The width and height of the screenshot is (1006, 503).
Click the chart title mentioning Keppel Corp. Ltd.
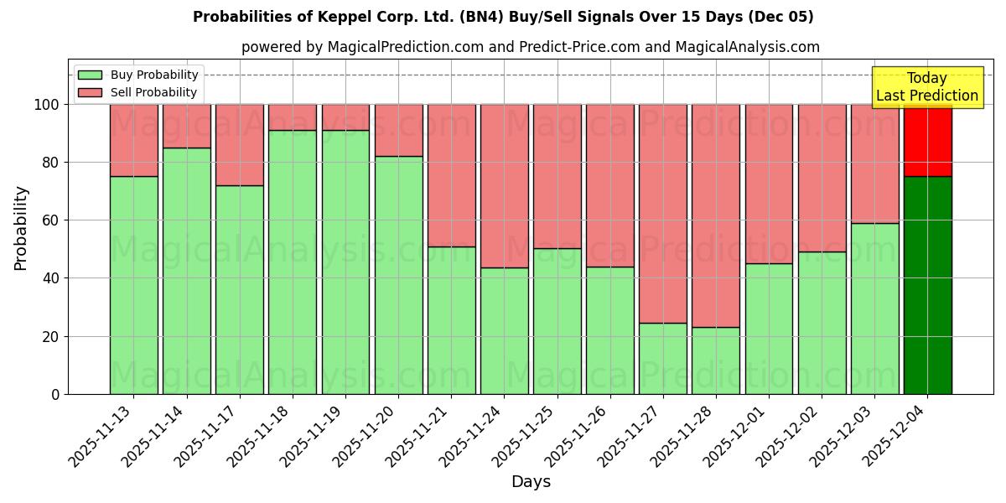tap(503, 17)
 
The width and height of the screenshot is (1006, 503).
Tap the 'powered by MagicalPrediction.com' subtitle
tap(530, 47)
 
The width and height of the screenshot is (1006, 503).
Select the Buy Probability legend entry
tap(138, 75)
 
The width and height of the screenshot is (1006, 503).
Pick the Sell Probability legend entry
tap(138, 92)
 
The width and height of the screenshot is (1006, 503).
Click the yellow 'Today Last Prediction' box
tap(927, 87)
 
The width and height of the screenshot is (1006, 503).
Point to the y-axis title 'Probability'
tap(21, 228)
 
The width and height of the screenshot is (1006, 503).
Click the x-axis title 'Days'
tap(531, 481)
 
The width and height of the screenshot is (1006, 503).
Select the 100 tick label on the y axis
tap(48, 105)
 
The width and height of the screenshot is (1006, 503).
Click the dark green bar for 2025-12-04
tap(927, 285)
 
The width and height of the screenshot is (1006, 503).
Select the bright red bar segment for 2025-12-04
tap(927, 140)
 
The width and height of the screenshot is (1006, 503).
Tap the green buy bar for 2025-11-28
tap(716, 360)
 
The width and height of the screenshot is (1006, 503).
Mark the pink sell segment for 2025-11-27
tap(663, 214)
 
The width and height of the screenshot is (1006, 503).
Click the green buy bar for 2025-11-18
tap(293, 262)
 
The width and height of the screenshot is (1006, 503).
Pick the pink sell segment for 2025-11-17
tap(240, 144)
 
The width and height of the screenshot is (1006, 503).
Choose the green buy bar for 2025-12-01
tap(769, 329)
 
